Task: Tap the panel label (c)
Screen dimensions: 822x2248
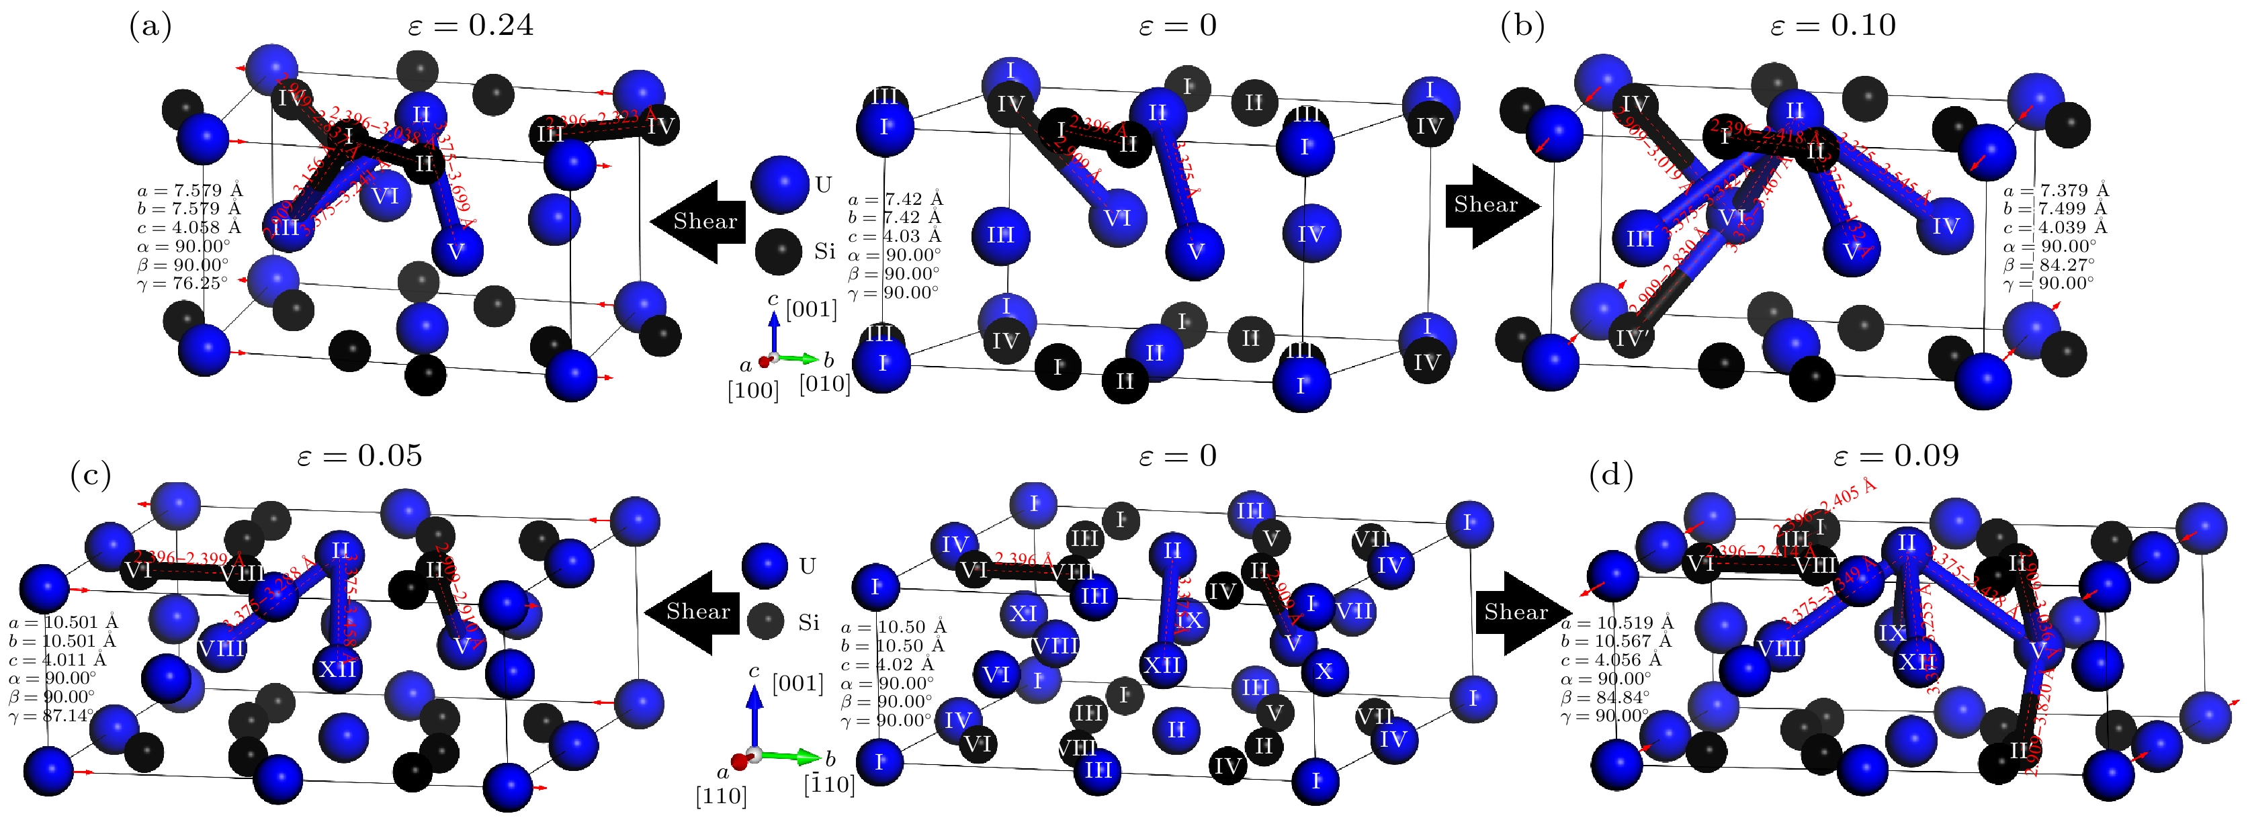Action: pyautogui.click(x=90, y=475)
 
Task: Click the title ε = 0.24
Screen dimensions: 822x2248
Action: pyautogui.click(x=470, y=26)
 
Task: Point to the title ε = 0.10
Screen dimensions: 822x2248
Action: pyautogui.click(x=1833, y=26)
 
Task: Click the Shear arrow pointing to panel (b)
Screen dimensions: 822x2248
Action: pyautogui.click(x=1491, y=206)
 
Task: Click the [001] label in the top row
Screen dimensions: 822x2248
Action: pyautogui.click(x=811, y=309)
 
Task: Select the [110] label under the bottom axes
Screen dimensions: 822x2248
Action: pyautogui.click(x=721, y=796)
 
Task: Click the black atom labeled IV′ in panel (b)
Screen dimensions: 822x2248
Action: pyautogui.click(x=1629, y=338)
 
